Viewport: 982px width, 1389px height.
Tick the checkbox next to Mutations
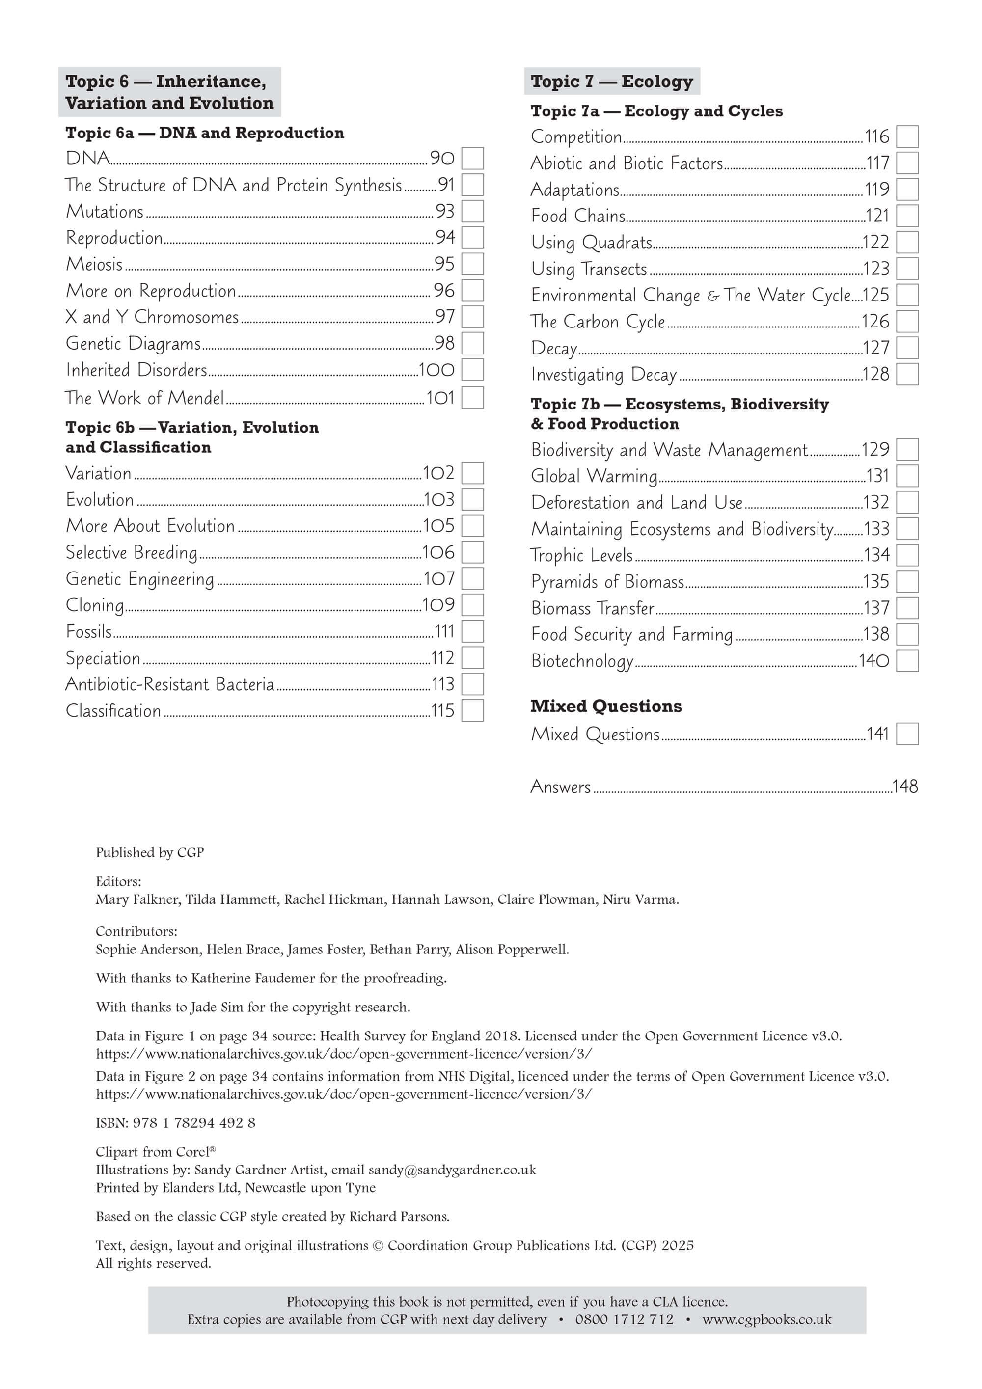point(472,211)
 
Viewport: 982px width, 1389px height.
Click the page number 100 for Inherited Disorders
point(436,370)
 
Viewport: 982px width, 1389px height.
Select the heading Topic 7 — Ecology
point(611,81)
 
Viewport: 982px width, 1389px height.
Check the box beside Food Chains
point(906,216)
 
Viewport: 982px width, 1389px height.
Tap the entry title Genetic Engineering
point(140,579)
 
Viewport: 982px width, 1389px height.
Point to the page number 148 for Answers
point(904,787)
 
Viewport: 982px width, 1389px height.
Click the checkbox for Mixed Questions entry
point(906,734)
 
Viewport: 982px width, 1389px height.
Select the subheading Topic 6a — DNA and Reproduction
point(205,133)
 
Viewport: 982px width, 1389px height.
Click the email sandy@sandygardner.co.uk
point(452,1170)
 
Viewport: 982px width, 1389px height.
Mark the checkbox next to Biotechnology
point(906,661)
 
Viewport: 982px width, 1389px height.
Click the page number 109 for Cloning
point(438,605)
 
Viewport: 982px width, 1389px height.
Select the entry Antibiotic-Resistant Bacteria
point(169,684)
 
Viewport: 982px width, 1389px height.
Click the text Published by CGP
point(149,852)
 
